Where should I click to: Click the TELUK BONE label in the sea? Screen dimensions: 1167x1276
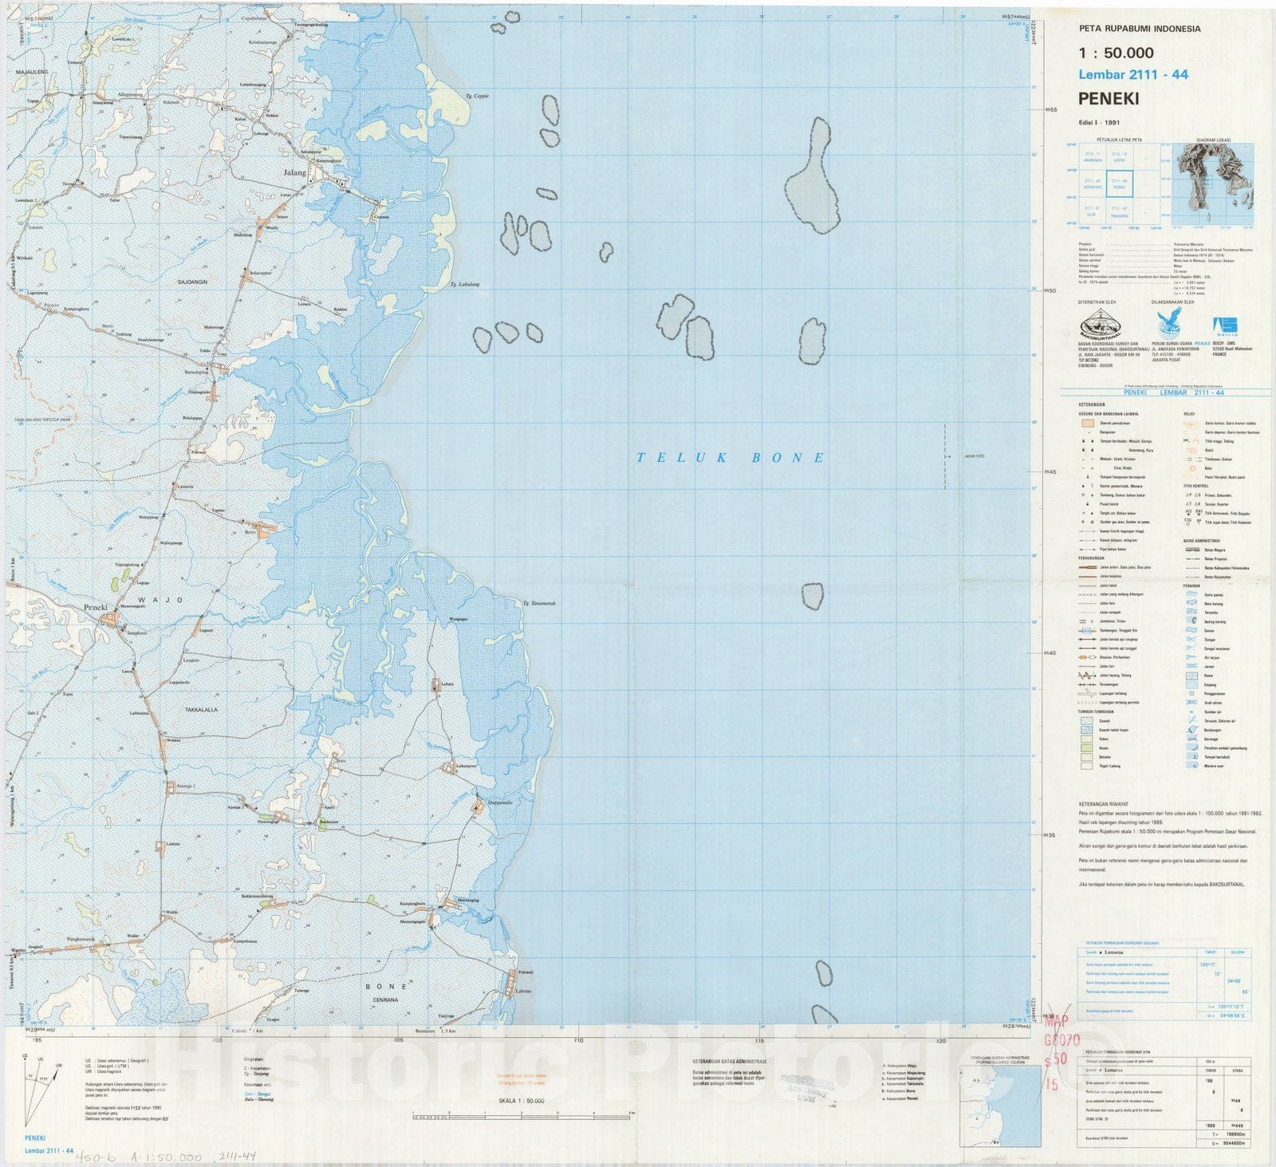pyautogui.click(x=731, y=458)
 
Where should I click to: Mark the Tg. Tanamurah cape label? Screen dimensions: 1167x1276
pyautogui.click(x=539, y=603)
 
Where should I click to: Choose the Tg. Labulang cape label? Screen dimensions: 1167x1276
pyautogui.click(x=464, y=284)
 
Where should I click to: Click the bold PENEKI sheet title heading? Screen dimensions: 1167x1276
pyautogui.click(x=1109, y=99)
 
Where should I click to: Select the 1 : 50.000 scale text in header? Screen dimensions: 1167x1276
pyautogui.click(x=1116, y=53)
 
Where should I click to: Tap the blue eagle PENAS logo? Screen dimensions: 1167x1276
pyautogui.click(x=1170, y=325)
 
